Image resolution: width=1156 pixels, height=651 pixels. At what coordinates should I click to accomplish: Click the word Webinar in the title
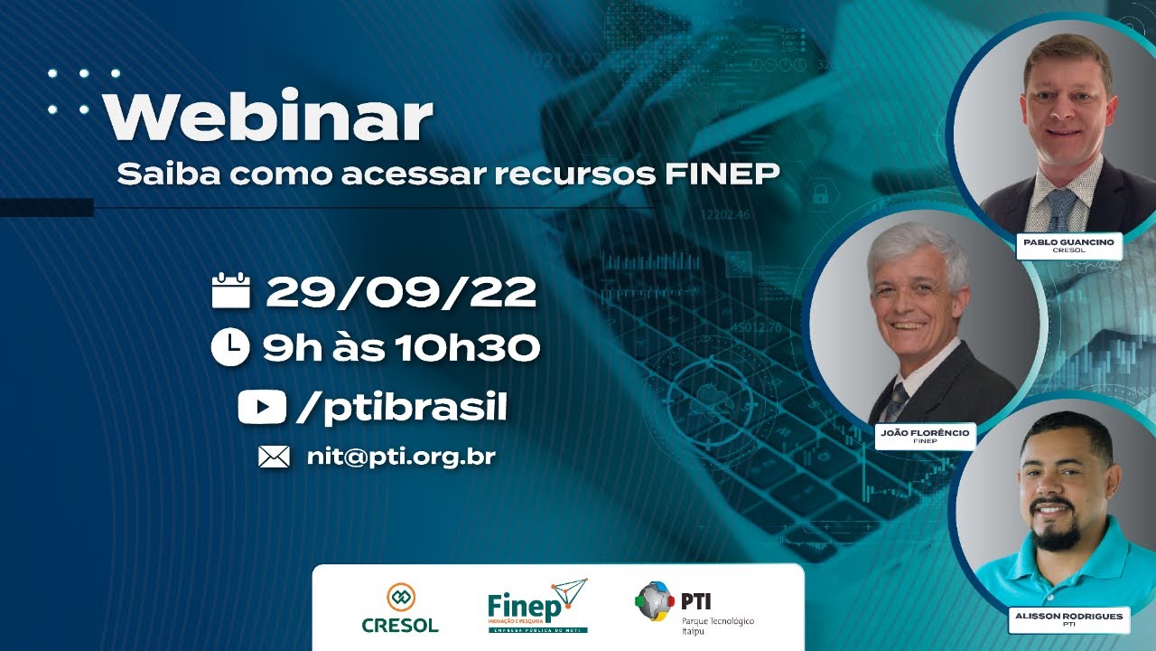[x=268, y=115]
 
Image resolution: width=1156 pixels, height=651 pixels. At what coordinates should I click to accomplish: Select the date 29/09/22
[x=401, y=291]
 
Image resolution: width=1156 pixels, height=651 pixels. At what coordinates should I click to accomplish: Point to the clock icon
[x=229, y=346]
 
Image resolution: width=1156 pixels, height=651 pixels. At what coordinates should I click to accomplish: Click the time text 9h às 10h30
[x=401, y=347]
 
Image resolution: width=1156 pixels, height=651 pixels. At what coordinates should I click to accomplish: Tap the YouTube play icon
[x=262, y=407]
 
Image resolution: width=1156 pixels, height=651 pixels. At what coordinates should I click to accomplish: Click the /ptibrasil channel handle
[x=401, y=408]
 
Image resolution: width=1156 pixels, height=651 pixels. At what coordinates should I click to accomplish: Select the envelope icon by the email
[x=274, y=457]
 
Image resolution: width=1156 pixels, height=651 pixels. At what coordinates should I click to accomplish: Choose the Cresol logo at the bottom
[x=400, y=609]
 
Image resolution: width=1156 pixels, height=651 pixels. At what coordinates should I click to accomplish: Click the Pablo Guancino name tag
[x=1069, y=246]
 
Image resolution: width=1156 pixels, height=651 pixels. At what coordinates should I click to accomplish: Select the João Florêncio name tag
[x=925, y=436]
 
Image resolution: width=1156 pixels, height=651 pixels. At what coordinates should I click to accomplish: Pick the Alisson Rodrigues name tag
[x=1069, y=619]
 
